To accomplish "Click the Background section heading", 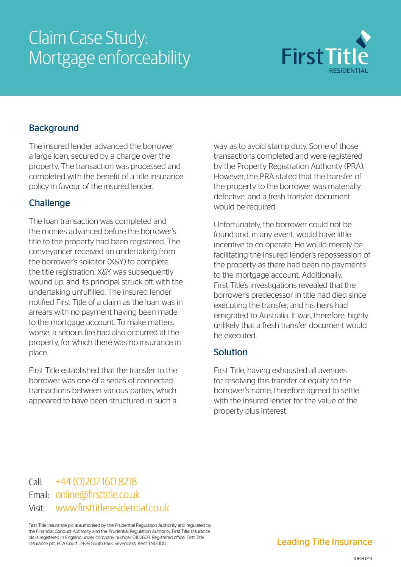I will [x=54, y=128].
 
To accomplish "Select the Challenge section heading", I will [x=49, y=203].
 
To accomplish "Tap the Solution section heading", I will [x=231, y=352].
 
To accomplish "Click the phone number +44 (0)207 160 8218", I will [x=96, y=482].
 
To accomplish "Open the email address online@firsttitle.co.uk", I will [x=97, y=495].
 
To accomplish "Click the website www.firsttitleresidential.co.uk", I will [x=112, y=508].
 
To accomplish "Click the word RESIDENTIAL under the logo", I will [x=348, y=71].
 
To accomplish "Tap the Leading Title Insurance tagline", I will [x=325, y=542].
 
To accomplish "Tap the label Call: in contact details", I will [x=36, y=483].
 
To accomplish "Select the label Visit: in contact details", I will [x=37, y=508].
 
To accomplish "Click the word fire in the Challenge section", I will [x=89, y=333].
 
